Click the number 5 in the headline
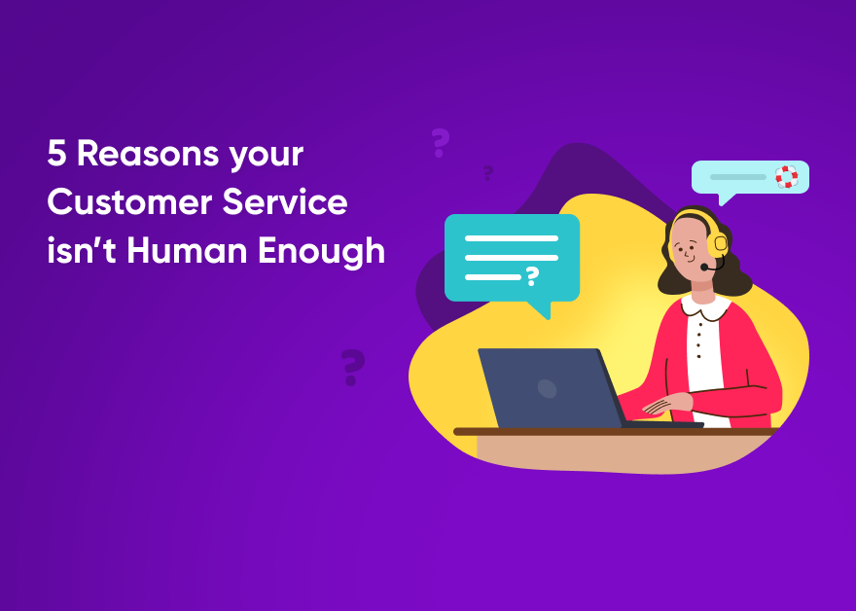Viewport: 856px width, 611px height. [57, 154]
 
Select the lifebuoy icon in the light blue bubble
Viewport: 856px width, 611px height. [786, 177]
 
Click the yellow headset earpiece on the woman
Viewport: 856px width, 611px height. [720, 244]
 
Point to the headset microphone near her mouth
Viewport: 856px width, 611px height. [705, 267]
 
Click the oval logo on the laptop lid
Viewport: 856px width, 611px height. [548, 389]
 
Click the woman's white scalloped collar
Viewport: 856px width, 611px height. [705, 306]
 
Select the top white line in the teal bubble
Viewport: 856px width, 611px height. [512, 237]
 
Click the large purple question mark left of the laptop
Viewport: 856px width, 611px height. [353, 368]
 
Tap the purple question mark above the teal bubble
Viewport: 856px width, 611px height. [440, 143]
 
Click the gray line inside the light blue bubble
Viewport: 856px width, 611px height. [737, 177]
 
